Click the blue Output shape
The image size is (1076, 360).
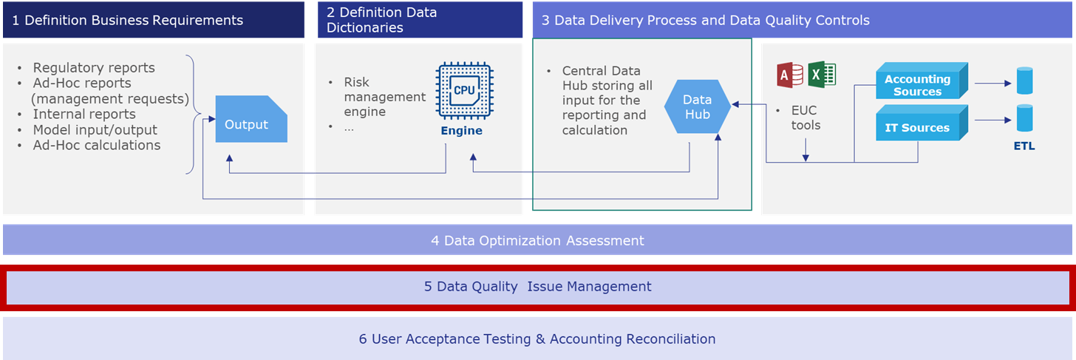(x=251, y=119)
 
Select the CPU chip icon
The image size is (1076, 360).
(x=465, y=90)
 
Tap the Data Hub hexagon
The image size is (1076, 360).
(x=698, y=106)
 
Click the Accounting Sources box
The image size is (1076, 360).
(x=922, y=81)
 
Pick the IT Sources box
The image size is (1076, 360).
(x=922, y=123)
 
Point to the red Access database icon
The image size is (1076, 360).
(x=790, y=75)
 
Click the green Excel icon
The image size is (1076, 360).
(x=822, y=75)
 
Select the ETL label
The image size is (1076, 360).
(x=1024, y=146)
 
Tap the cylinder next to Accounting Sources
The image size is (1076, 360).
(x=1024, y=81)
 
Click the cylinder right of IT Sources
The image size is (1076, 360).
(x=1024, y=118)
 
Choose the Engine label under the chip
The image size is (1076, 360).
(x=462, y=131)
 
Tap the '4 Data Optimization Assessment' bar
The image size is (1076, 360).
(x=537, y=240)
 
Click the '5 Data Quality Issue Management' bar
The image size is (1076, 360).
(x=537, y=287)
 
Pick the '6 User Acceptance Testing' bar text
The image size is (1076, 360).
(x=537, y=339)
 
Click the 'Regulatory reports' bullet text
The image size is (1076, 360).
(x=94, y=68)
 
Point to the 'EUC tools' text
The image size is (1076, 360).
(x=806, y=118)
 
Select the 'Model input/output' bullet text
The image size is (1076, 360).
(x=95, y=130)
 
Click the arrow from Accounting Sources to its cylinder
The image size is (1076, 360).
(x=993, y=83)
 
